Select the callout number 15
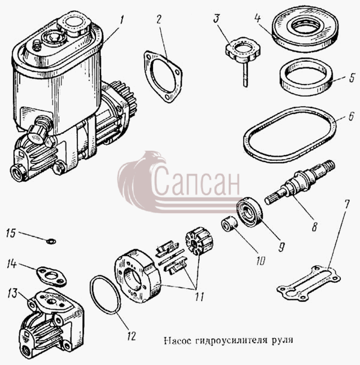[x=11, y=233]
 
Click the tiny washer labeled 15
[x=51, y=241]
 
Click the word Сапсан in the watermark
[x=197, y=181]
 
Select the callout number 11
[x=199, y=297]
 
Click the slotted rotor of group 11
[x=200, y=241]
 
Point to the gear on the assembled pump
[x=124, y=94]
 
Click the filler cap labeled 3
[x=243, y=50]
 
